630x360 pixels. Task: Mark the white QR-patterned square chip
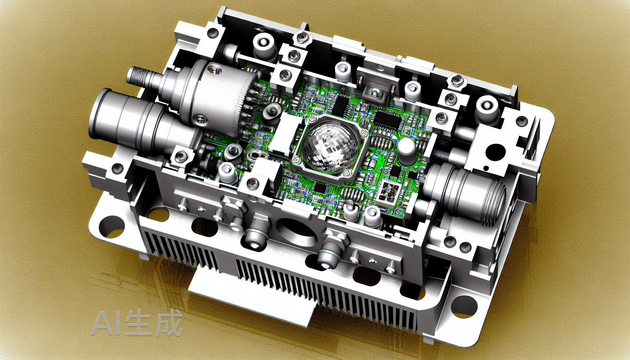tap(389, 193)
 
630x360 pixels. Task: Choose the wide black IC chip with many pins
tap(388, 119)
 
